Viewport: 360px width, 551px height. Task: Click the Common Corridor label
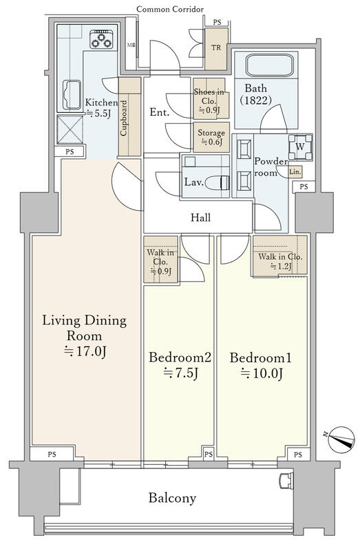click(x=170, y=9)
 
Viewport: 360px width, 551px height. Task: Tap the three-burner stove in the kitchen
click(x=101, y=39)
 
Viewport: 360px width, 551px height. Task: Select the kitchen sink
click(x=72, y=95)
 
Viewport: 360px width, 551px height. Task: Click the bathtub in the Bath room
click(x=269, y=65)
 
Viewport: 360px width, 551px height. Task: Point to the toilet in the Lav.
click(x=217, y=183)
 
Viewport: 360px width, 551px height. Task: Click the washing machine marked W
click(x=300, y=147)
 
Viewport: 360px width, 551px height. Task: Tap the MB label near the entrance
click(x=131, y=45)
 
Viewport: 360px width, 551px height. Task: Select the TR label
click(x=216, y=48)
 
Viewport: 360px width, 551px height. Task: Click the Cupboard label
click(x=124, y=118)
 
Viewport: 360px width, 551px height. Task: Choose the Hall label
click(x=200, y=218)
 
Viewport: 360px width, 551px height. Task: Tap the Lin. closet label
click(x=295, y=171)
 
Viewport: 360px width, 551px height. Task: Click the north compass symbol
click(x=341, y=439)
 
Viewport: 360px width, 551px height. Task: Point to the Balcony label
click(x=172, y=498)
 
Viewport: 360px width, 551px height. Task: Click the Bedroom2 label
click(x=180, y=357)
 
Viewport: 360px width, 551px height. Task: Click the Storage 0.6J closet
click(x=211, y=137)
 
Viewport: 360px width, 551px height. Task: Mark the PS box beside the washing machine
click(x=304, y=187)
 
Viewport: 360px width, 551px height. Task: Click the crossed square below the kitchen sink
click(x=70, y=129)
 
